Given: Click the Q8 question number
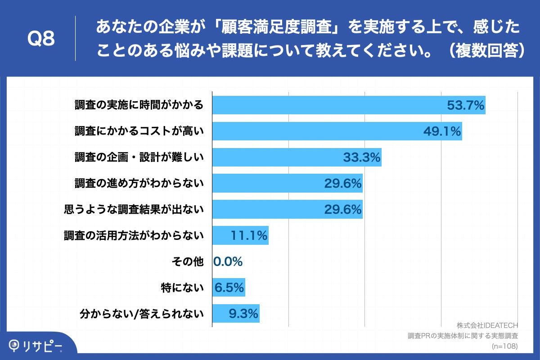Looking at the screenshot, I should point(41,39).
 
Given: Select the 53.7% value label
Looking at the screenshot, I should point(465,105).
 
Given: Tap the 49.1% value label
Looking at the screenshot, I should point(442,131).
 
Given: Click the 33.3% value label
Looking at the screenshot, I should point(362,157).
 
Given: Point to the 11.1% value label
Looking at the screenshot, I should point(249,235).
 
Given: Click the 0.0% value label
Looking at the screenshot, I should point(228,261).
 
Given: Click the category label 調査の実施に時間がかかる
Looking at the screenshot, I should point(139,105).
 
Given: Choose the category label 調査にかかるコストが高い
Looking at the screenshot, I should point(139,131).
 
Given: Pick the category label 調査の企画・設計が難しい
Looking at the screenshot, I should point(139,157).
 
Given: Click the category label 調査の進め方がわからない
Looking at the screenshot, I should point(139,184).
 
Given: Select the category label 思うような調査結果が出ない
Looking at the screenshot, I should point(134,209).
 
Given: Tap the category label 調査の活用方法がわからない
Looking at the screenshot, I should point(134,235).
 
